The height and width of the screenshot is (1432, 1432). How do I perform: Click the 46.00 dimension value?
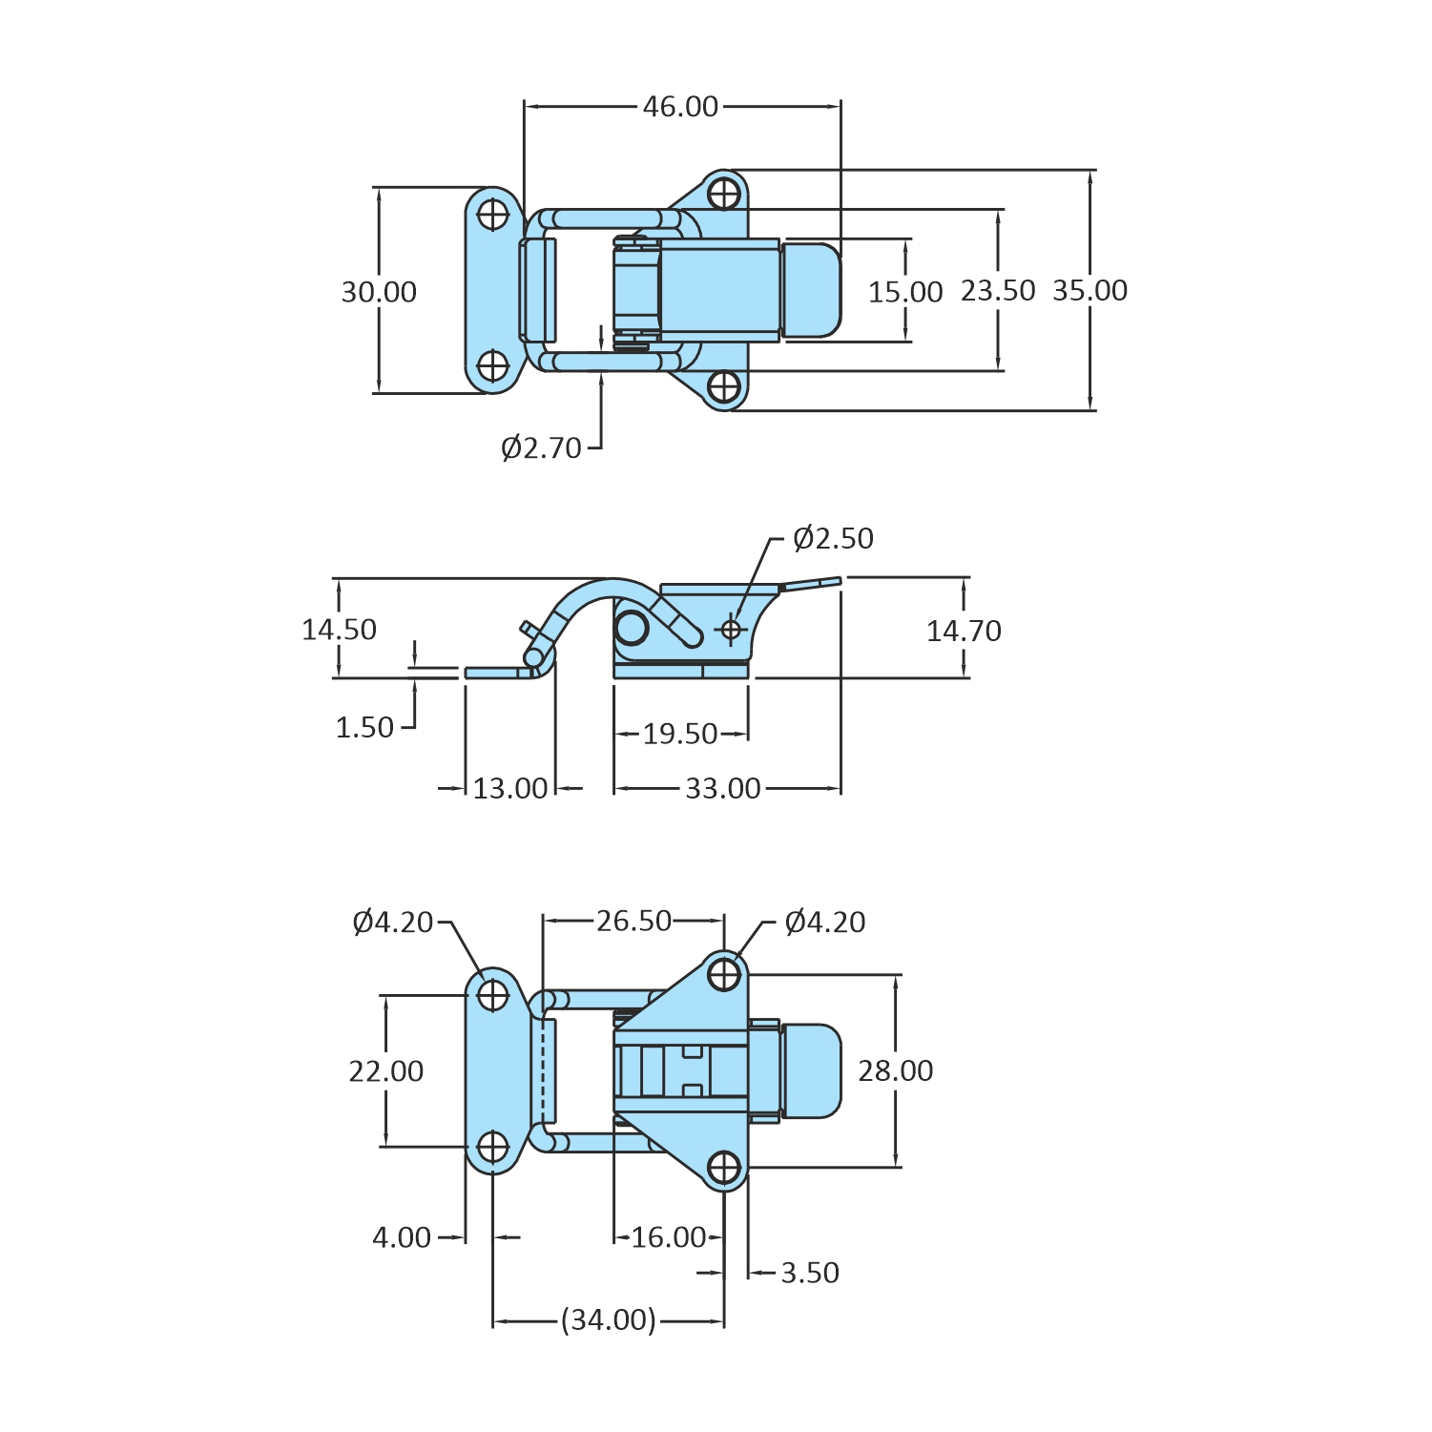click(x=680, y=106)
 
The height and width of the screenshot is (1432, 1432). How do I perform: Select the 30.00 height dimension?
click(x=379, y=291)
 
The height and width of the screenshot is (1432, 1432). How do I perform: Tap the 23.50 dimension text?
click(x=998, y=290)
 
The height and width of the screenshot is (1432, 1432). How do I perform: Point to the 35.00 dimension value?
click(x=1090, y=290)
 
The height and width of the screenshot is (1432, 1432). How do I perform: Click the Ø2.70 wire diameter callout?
click(x=541, y=447)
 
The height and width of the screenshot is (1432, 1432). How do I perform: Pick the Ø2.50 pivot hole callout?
click(x=833, y=538)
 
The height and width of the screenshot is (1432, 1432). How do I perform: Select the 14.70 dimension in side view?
click(x=964, y=630)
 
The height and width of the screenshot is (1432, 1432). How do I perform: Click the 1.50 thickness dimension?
click(x=364, y=728)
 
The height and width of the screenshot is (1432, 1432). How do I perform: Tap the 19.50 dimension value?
click(x=679, y=734)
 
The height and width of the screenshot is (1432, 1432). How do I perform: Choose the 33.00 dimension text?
click(x=723, y=789)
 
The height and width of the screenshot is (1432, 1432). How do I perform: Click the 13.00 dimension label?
click(x=510, y=789)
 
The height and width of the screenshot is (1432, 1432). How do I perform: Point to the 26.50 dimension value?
click(x=634, y=921)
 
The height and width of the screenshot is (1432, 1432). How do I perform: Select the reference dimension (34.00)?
click(x=608, y=1320)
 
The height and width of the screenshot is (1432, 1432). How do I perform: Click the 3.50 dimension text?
click(x=809, y=1273)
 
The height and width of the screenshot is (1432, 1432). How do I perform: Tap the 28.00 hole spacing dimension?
click(x=895, y=1070)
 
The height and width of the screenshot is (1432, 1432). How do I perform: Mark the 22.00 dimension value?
click(x=385, y=1070)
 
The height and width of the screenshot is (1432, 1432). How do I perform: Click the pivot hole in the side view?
click(x=731, y=630)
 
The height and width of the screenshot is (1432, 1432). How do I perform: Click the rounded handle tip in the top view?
click(x=813, y=290)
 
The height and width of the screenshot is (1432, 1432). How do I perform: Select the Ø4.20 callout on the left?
click(x=392, y=922)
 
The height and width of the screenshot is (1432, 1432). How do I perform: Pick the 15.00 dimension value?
click(x=904, y=291)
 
